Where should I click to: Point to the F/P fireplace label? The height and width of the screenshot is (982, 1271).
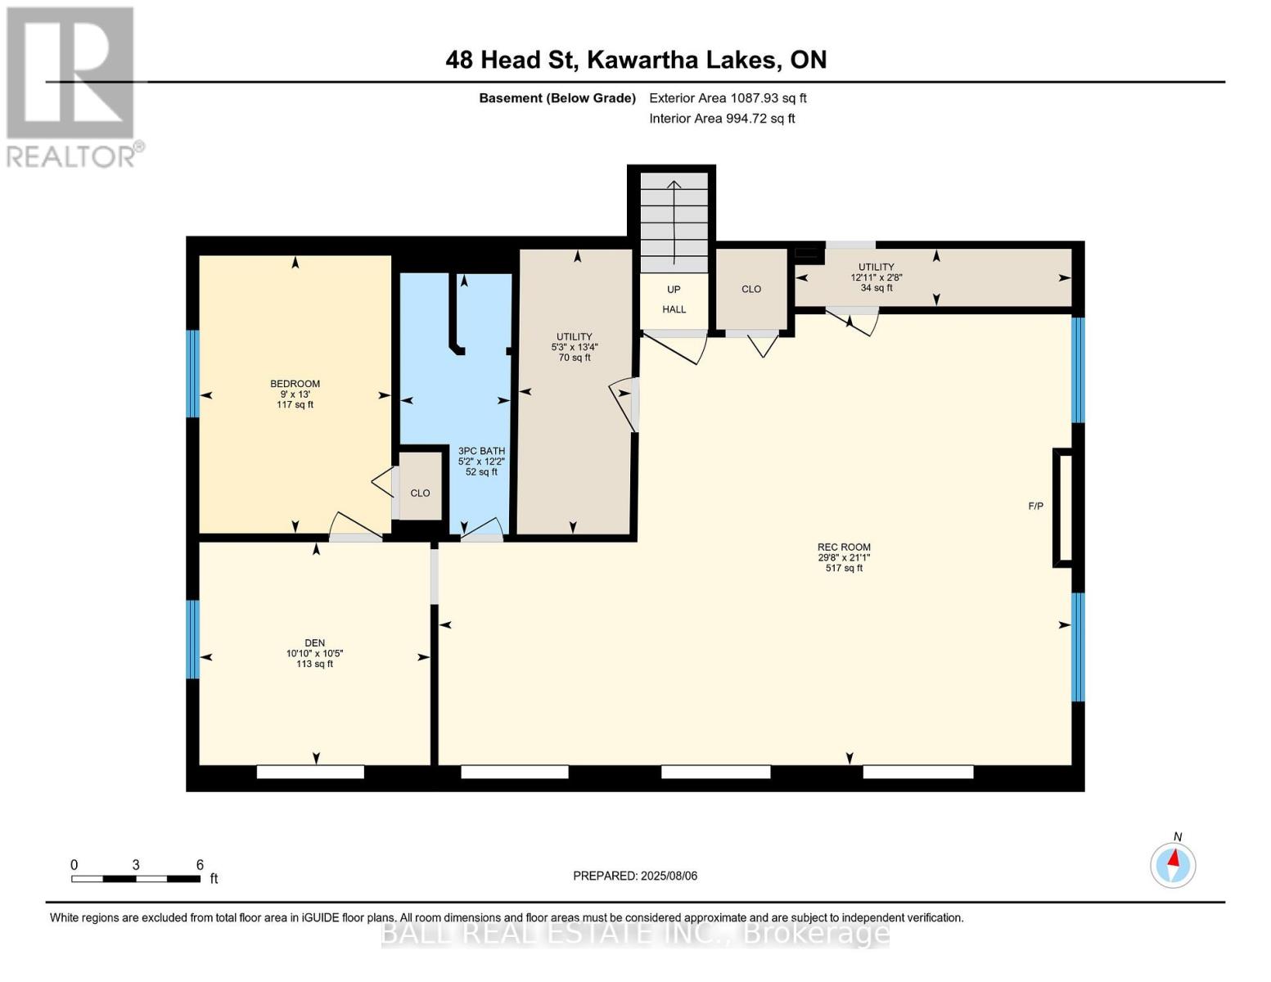click(1035, 506)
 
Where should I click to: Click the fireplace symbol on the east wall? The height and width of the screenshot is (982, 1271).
click(1063, 507)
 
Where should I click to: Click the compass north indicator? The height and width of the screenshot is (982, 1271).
click(1173, 864)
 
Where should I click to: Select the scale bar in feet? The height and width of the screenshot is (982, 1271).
click(136, 878)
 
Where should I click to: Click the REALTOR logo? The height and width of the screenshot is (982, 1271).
click(71, 86)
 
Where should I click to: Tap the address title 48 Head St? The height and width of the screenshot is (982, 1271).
click(636, 60)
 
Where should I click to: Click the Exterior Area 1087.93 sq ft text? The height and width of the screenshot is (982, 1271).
click(728, 98)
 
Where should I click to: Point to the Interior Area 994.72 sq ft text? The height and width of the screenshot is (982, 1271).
click(722, 119)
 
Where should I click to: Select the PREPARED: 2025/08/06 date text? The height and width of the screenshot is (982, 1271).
click(635, 876)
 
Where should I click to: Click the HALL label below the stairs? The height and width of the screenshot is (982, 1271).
click(674, 309)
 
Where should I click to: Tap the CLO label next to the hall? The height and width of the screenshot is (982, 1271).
click(751, 289)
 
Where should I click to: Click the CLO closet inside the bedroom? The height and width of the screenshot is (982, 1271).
click(420, 493)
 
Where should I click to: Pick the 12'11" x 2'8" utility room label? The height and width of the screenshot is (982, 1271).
click(876, 277)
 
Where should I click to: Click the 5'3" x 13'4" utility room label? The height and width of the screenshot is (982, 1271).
click(575, 347)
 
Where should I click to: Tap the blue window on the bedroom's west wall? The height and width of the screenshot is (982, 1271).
click(193, 373)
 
